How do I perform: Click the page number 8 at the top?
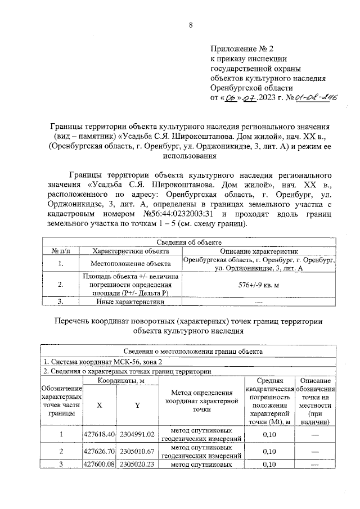point(191,25)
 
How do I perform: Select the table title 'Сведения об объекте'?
point(190,242)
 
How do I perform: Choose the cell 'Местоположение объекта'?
point(130,263)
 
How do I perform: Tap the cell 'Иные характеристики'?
point(130,302)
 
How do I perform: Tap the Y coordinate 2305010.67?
point(137,451)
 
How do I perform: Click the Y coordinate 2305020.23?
point(137,464)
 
